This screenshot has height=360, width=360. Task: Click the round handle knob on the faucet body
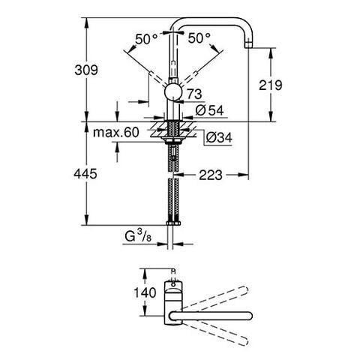click(173, 94)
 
